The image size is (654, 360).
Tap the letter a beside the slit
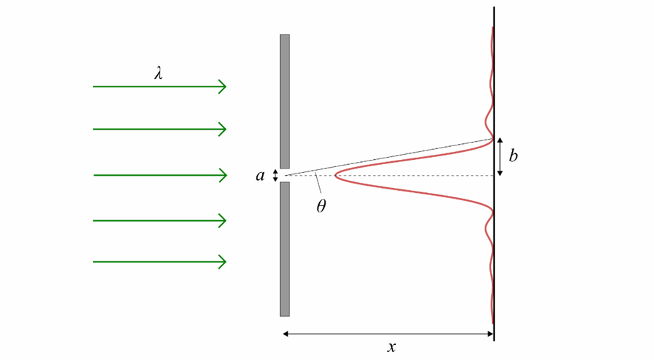261,175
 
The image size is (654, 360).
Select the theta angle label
321,206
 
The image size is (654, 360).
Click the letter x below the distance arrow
391,347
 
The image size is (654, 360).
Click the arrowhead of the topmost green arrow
223,86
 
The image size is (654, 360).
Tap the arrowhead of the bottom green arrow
223,261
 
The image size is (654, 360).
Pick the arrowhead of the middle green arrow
223,175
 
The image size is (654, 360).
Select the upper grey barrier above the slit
285,101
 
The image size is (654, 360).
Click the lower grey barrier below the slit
285,248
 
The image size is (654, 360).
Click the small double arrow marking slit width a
275,175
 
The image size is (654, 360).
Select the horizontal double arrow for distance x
388,333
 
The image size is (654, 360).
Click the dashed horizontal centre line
418,175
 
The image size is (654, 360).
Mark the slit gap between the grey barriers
285,175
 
